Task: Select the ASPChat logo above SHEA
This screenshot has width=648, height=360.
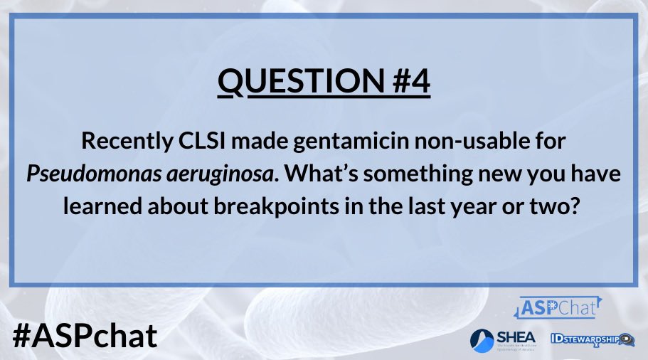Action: (557, 308)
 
